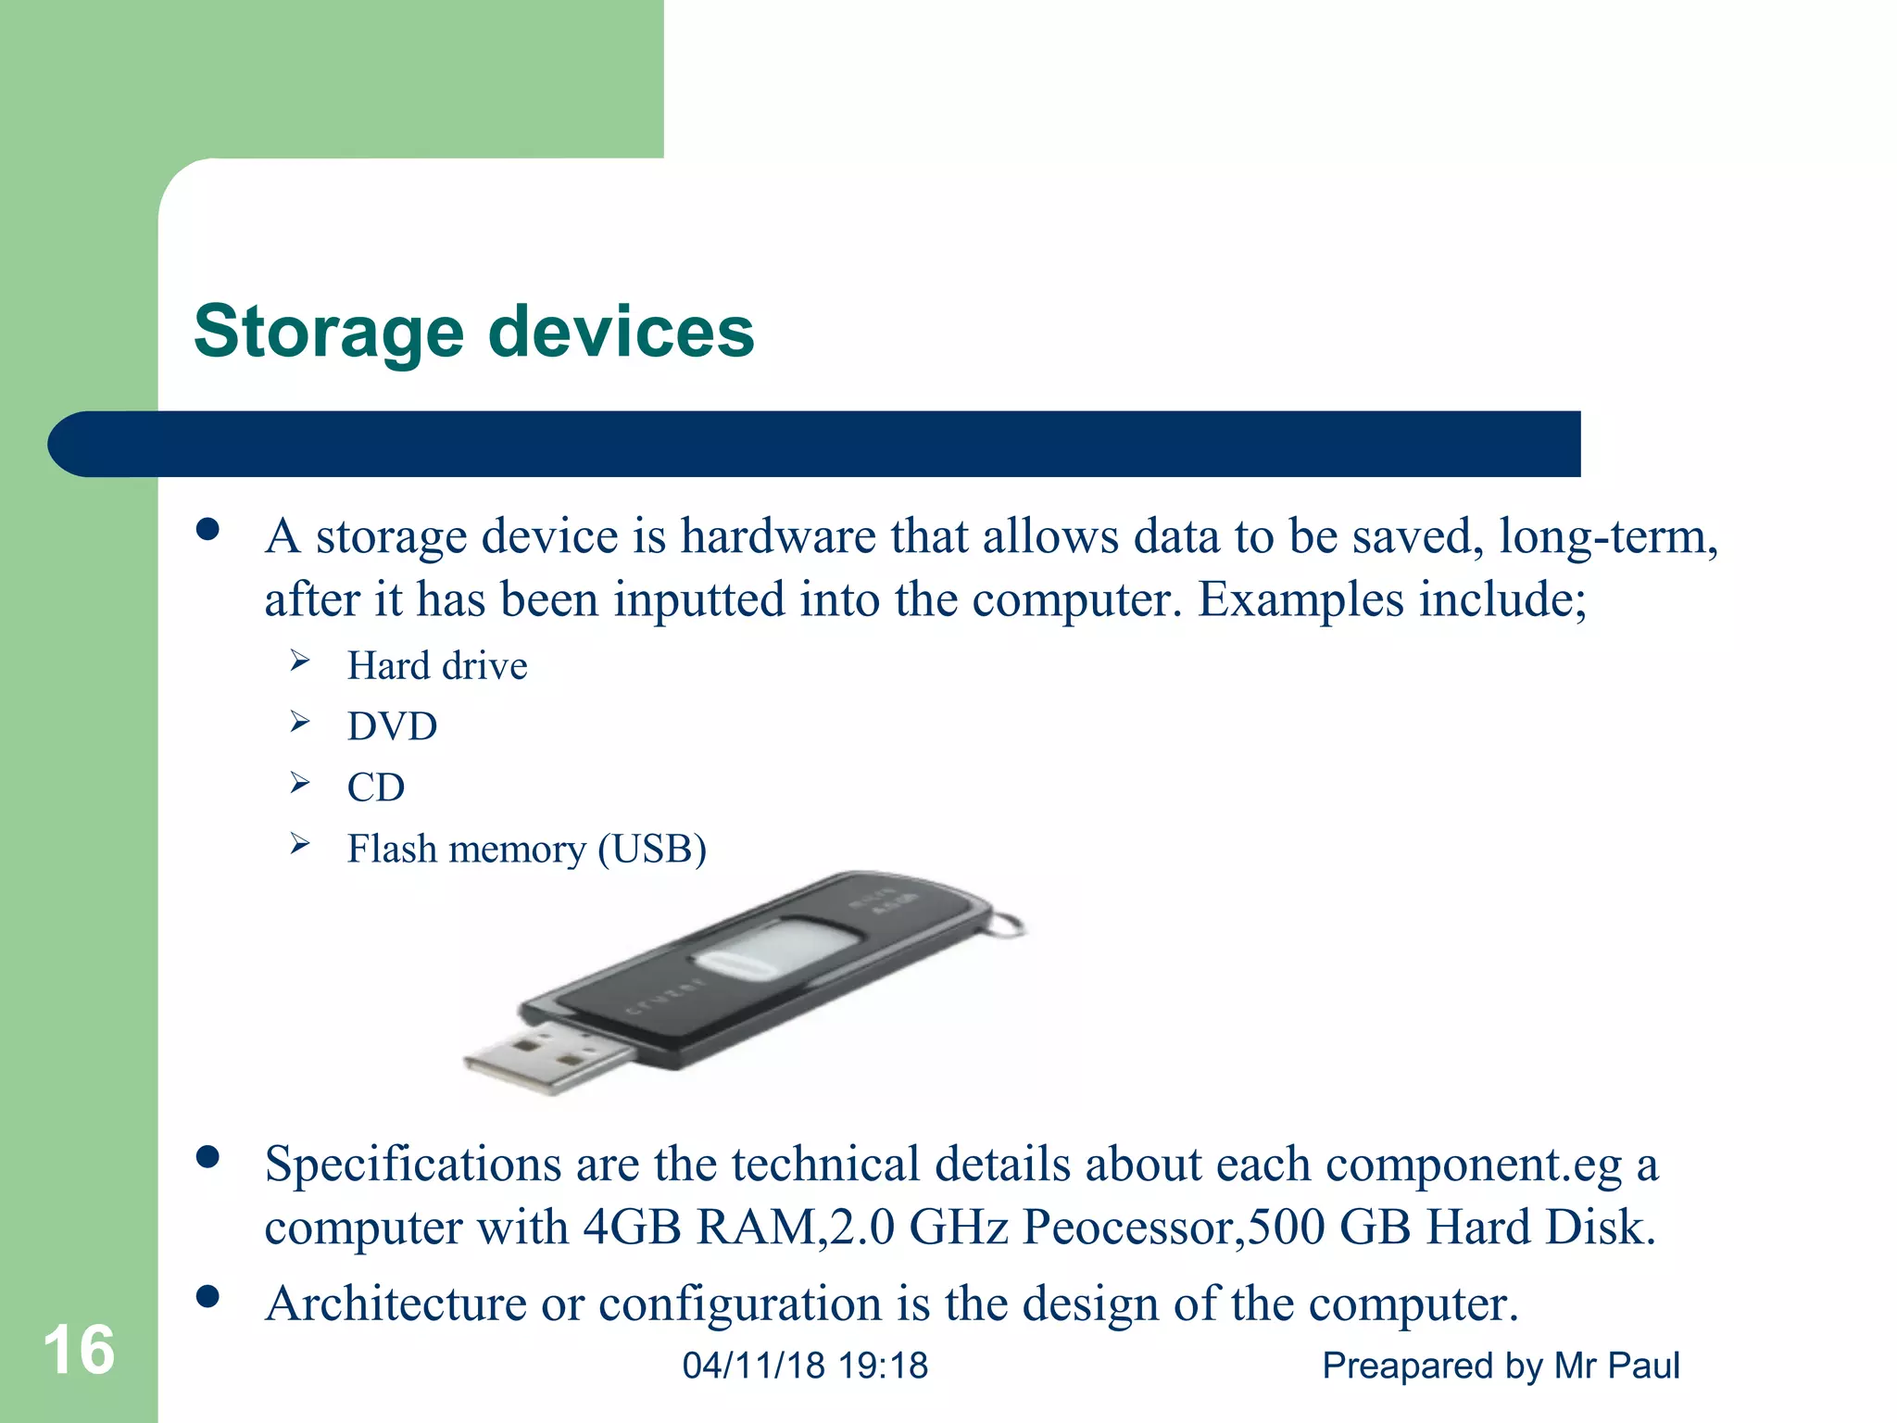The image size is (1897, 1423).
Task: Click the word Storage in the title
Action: (329, 332)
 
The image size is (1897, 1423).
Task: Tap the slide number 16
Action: (79, 1350)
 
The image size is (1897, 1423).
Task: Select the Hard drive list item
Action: (437, 666)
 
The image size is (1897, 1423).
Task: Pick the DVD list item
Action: (392, 726)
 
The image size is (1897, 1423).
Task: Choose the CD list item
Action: (376, 787)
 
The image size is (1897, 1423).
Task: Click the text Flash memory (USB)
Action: (526, 849)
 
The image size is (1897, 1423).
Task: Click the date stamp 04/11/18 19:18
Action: (805, 1366)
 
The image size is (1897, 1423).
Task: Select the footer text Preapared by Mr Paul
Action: (1501, 1366)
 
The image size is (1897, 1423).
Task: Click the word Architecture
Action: (396, 1303)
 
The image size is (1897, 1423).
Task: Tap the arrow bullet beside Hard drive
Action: (299, 661)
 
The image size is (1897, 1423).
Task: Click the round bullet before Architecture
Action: (207, 1296)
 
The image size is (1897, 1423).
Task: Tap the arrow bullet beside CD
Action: (299, 783)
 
